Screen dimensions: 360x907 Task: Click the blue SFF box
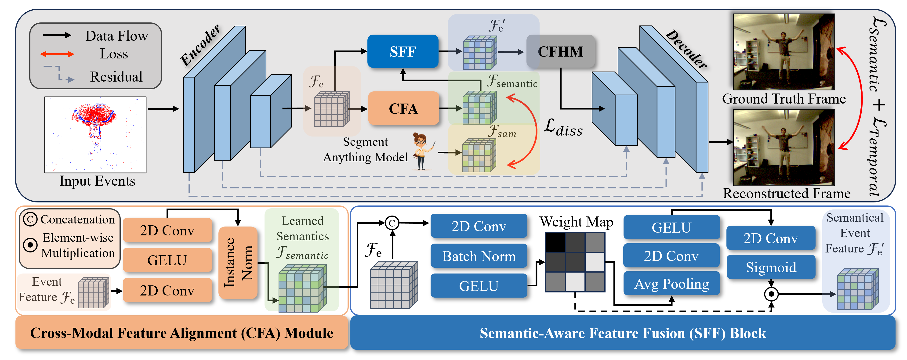(403, 51)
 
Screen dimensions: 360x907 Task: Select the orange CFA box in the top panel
(403, 108)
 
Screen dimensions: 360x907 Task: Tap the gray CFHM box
(560, 51)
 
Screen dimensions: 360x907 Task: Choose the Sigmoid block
(771, 267)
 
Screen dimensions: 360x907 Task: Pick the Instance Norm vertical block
(238, 263)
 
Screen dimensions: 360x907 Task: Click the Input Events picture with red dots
(95, 135)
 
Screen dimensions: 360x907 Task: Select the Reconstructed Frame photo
(784, 148)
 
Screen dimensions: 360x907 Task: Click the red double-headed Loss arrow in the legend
(57, 54)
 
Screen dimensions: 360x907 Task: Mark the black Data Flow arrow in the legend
(57, 35)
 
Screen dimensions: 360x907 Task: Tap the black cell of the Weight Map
(555, 242)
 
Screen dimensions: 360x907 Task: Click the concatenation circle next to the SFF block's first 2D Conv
(392, 223)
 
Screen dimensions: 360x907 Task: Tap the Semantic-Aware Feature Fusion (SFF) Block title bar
(623, 333)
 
